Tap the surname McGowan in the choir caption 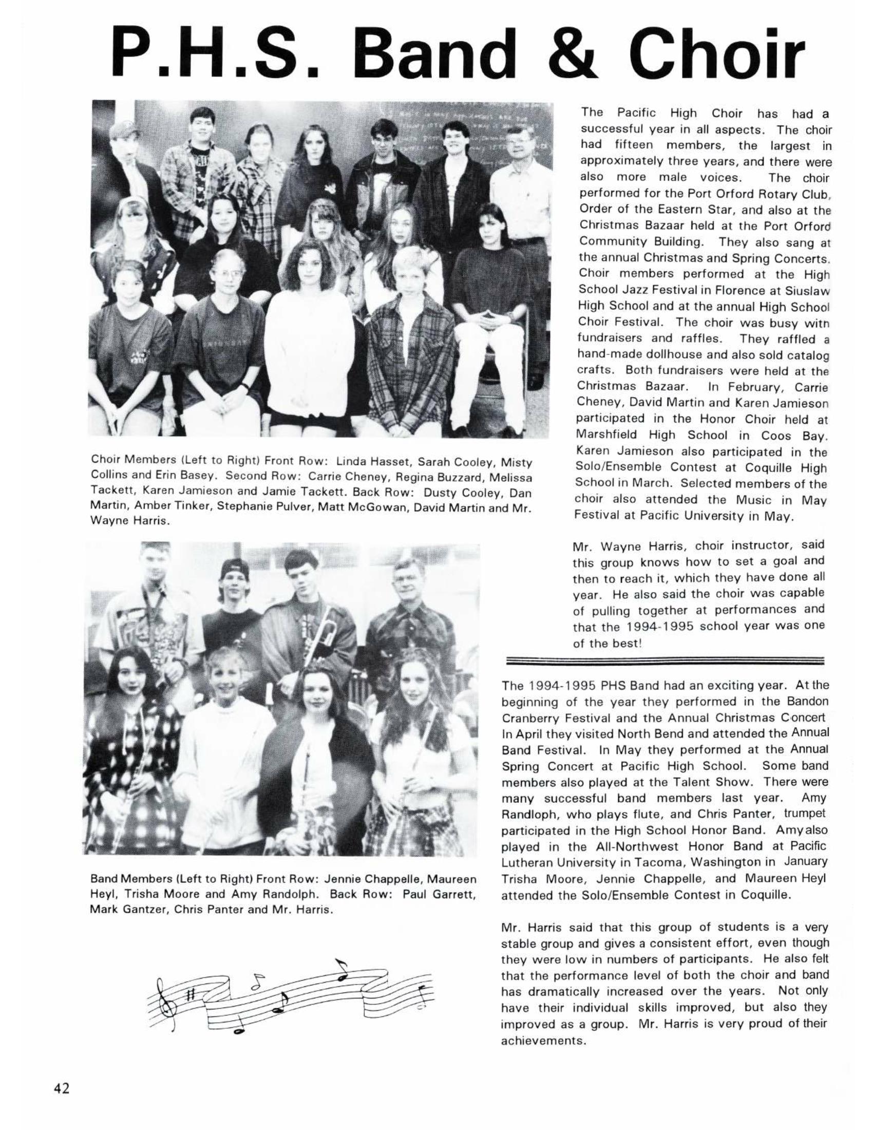pyautogui.click(x=443, y=507)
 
